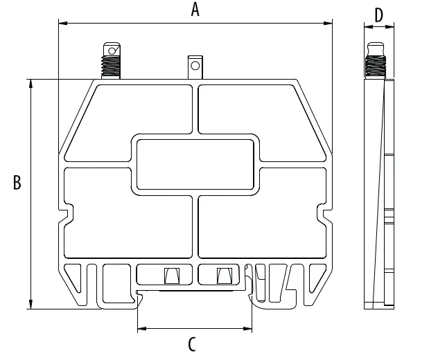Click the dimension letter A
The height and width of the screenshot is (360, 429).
click(195, 9)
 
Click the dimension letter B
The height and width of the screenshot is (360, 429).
click(17, 182)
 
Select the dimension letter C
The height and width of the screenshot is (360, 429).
click(192, 344)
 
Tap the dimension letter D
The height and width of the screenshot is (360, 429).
click(379, 15)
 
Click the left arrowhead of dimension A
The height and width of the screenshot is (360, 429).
click(63, 24)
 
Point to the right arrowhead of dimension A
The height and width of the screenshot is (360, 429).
click(328, 24)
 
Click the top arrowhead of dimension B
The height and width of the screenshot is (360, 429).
click(30, 84)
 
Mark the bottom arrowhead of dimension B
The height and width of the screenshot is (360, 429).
click(30, 305)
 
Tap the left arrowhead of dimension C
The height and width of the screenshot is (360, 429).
click(141, 328)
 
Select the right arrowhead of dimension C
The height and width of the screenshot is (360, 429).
click(247, 328)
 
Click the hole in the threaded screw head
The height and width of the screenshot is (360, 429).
click(112, 51)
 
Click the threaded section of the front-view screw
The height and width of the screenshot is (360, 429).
click(110, 66)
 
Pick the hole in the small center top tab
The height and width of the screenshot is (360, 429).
click(195, 66)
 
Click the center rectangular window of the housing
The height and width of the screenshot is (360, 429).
click(195, 165)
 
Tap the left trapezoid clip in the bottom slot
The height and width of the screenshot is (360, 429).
click(172, 276)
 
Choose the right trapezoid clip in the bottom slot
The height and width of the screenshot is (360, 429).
click(225, 276)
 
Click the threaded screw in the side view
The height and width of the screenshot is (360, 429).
click(376, 61)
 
